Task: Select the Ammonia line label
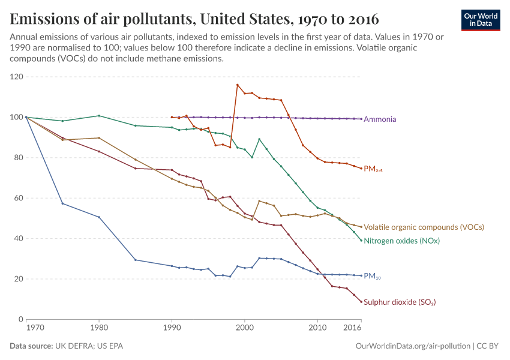tap(380, 119)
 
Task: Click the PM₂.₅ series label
tap(373, 169)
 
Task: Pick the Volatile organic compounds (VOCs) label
tap(424, 227)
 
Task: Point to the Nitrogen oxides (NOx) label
tap(401, 241)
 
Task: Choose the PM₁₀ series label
tap(372, 277)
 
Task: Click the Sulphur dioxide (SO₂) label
tap(400, 302)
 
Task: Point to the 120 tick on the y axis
tap(16, 77)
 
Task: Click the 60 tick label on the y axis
tap(19, 198)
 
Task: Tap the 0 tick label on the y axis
tap(20, 319)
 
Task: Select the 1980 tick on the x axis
tap(99, 328)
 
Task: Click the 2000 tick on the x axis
tap(245, 328)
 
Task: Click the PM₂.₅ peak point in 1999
tap(238, 85)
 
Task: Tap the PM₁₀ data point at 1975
tap(62, 203)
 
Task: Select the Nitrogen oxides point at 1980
tap(99, 116)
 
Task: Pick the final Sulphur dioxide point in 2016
tap(361, 301)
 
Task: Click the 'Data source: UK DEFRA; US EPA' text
tap(67, 346)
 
